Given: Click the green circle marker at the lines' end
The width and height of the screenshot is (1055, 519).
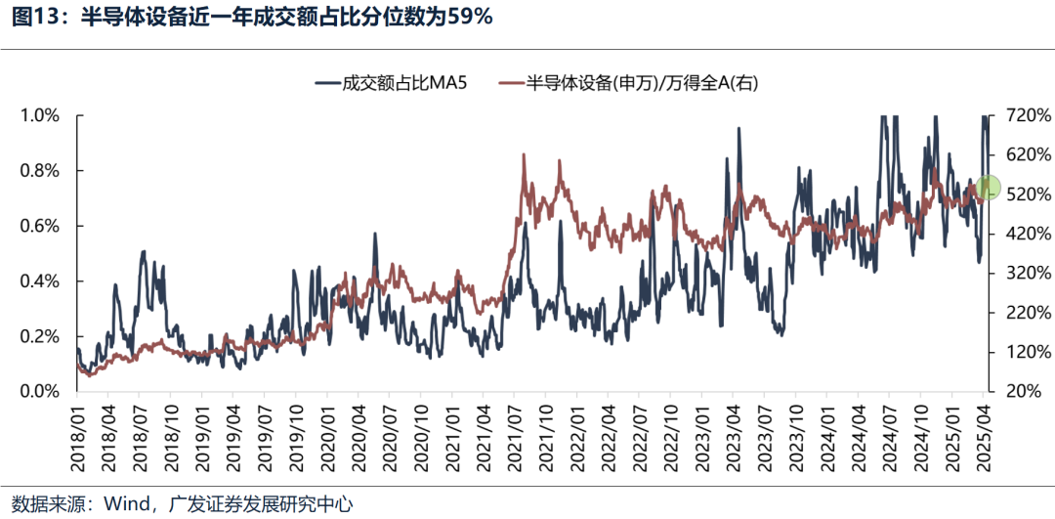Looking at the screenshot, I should [989, 187].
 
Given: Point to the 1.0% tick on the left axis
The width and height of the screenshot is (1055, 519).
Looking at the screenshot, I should [41, 115].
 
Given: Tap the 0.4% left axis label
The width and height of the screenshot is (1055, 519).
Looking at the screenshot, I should [41, 281].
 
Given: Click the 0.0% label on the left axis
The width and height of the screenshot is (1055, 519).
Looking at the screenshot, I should [41, 392].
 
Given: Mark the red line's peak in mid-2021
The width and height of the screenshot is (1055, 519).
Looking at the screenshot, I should [525, 154].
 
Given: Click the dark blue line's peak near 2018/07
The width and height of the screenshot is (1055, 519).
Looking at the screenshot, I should [143, 252].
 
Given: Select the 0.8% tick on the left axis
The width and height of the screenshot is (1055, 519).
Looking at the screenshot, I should [41, 171].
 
